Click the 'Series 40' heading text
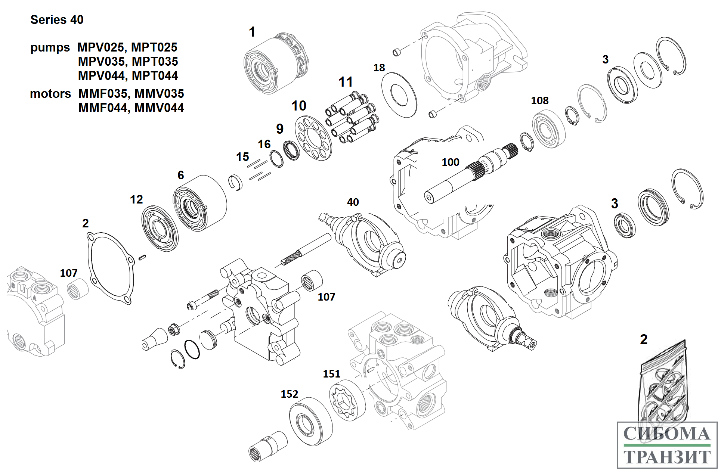(x=57, y=20)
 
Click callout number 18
(x=379, y=68)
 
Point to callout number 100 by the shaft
(x=450, y=162)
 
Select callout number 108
(x=539, y=101)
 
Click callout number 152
(x=289, y=394)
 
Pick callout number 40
(x=353, y=202)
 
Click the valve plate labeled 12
(x=160, y=228)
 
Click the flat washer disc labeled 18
(x=399, y=95)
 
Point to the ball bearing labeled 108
(x=548, y=129)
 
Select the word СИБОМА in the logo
(x=667, y=434)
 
